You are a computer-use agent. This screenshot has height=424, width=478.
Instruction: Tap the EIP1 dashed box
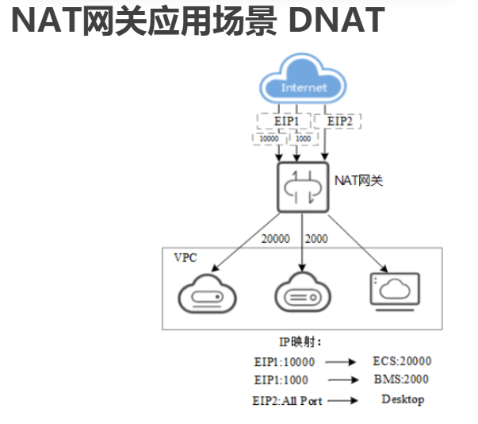pyautogui.click(x=285, y=121)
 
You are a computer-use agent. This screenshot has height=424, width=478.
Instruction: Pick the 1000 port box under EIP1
pyautogui.click(x=302, y=138)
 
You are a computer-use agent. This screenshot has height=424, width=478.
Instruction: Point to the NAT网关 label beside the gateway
pyautogui.click(x=358, y=181)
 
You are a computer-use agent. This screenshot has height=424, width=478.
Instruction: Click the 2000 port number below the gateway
pyautogui.click(x=316, y=238)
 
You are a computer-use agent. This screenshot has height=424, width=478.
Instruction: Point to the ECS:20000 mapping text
pyautogui.click(x=400, y=360)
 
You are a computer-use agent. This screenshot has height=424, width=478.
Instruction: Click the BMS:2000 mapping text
pyautogui.click(x=401, y=380)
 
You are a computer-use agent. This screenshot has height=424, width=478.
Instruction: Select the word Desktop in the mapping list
pyautogui.click(x=402, y=399)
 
